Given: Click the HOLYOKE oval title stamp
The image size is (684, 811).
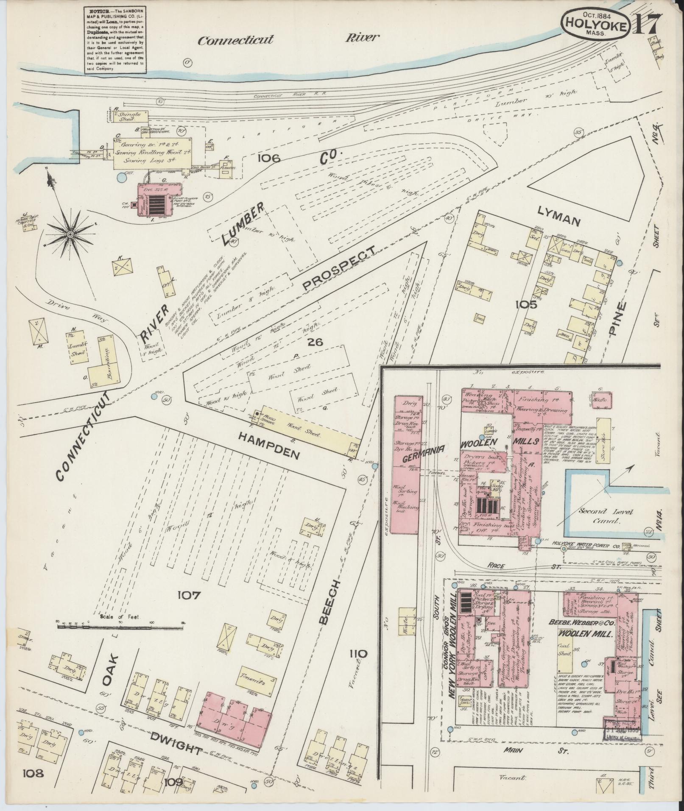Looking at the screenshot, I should pos(596,25).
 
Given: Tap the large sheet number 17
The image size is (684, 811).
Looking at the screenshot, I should pos(647,25).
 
